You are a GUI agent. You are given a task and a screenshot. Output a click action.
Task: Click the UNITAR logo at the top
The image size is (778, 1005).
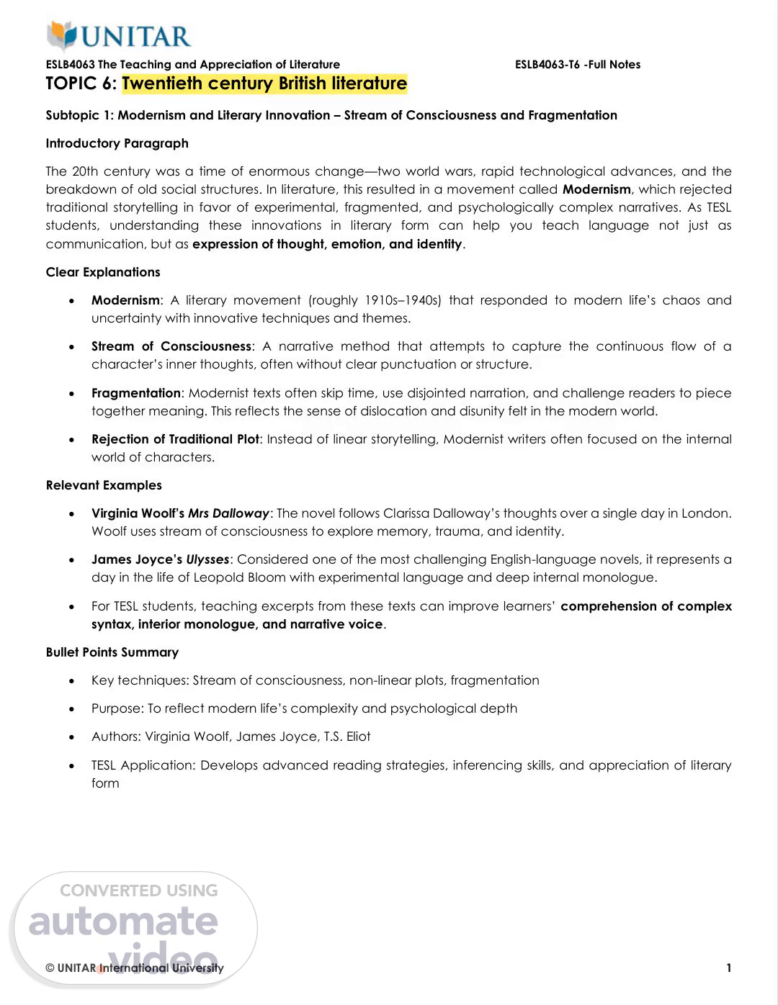[x=119, y=36]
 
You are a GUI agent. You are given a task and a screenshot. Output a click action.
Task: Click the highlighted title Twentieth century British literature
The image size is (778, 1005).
[x=264, y=84]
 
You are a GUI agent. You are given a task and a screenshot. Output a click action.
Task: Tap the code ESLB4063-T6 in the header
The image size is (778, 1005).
[x=547, y=65]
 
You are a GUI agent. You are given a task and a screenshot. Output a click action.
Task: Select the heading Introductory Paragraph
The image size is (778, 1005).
[x=117, y=143]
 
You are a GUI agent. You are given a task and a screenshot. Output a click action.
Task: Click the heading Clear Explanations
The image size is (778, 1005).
[x=103, y=272]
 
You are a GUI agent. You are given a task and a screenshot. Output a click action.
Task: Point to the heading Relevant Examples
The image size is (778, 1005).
[x=104, y=485]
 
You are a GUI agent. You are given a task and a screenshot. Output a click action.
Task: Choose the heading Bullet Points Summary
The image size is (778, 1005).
[x=112, y=652]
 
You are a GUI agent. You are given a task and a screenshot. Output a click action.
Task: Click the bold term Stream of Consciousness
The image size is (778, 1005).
[x=171, y=346]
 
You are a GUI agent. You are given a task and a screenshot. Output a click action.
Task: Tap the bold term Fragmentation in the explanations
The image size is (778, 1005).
[x=136, y=393]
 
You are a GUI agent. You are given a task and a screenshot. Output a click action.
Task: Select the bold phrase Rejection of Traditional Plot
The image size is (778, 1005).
[x=175, y=439]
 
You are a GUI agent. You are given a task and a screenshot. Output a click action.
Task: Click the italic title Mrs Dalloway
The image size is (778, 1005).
[x=228, y=513]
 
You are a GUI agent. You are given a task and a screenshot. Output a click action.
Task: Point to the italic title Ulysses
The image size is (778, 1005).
[x=207, y=559]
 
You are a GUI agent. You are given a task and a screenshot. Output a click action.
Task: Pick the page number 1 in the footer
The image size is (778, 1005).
[x=729, y=968]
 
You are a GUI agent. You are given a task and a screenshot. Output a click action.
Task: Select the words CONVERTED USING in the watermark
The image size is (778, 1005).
[x=138, y=891]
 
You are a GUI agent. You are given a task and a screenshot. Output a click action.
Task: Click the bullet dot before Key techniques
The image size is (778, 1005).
[x=71, y=681]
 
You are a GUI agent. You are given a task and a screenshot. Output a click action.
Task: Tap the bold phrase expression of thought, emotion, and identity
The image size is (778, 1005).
[x=327, y=244]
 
